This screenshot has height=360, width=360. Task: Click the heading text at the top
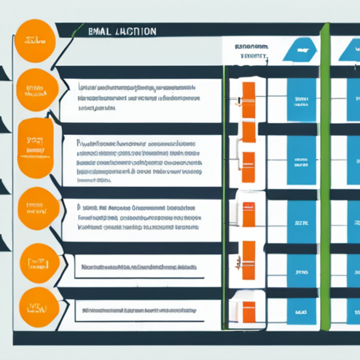[122, 31]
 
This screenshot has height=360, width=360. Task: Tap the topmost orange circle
[35, 41]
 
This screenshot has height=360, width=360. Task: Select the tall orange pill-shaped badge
[35, 148]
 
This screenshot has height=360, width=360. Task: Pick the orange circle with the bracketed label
[39, 263]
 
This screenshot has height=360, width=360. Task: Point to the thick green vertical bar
[325, 176]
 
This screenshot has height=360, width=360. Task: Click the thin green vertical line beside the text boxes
[224, 197]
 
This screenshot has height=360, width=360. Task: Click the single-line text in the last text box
[139, 310]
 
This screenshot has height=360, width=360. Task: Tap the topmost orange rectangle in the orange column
[249, 100]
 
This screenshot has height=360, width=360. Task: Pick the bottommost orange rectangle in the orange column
[249, 311]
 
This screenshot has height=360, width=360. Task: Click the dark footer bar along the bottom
[186, 338]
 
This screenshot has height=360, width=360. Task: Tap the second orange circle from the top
[37, 90]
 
